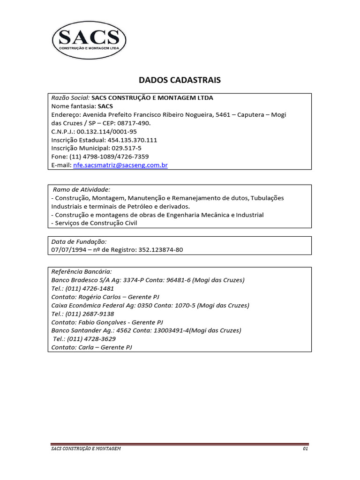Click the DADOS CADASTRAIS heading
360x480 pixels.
pyautogui.click(x=180, y=80)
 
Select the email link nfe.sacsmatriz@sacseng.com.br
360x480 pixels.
pyautogui.click(x=120, y=165)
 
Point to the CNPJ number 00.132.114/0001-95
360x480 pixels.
pyautogui.click(x=107, y=131)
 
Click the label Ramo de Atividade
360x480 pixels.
pyautogui.click(x=81, y=189)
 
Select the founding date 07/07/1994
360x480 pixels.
pyautogui.click(x=68, y=250)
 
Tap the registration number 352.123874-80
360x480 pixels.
pyautogui.click(x=160, y=250)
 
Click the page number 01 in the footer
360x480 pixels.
pyautogui.click(x=305, y=449)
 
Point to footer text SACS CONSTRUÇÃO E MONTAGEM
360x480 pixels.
pyautogui.click(x=86, y=449)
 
